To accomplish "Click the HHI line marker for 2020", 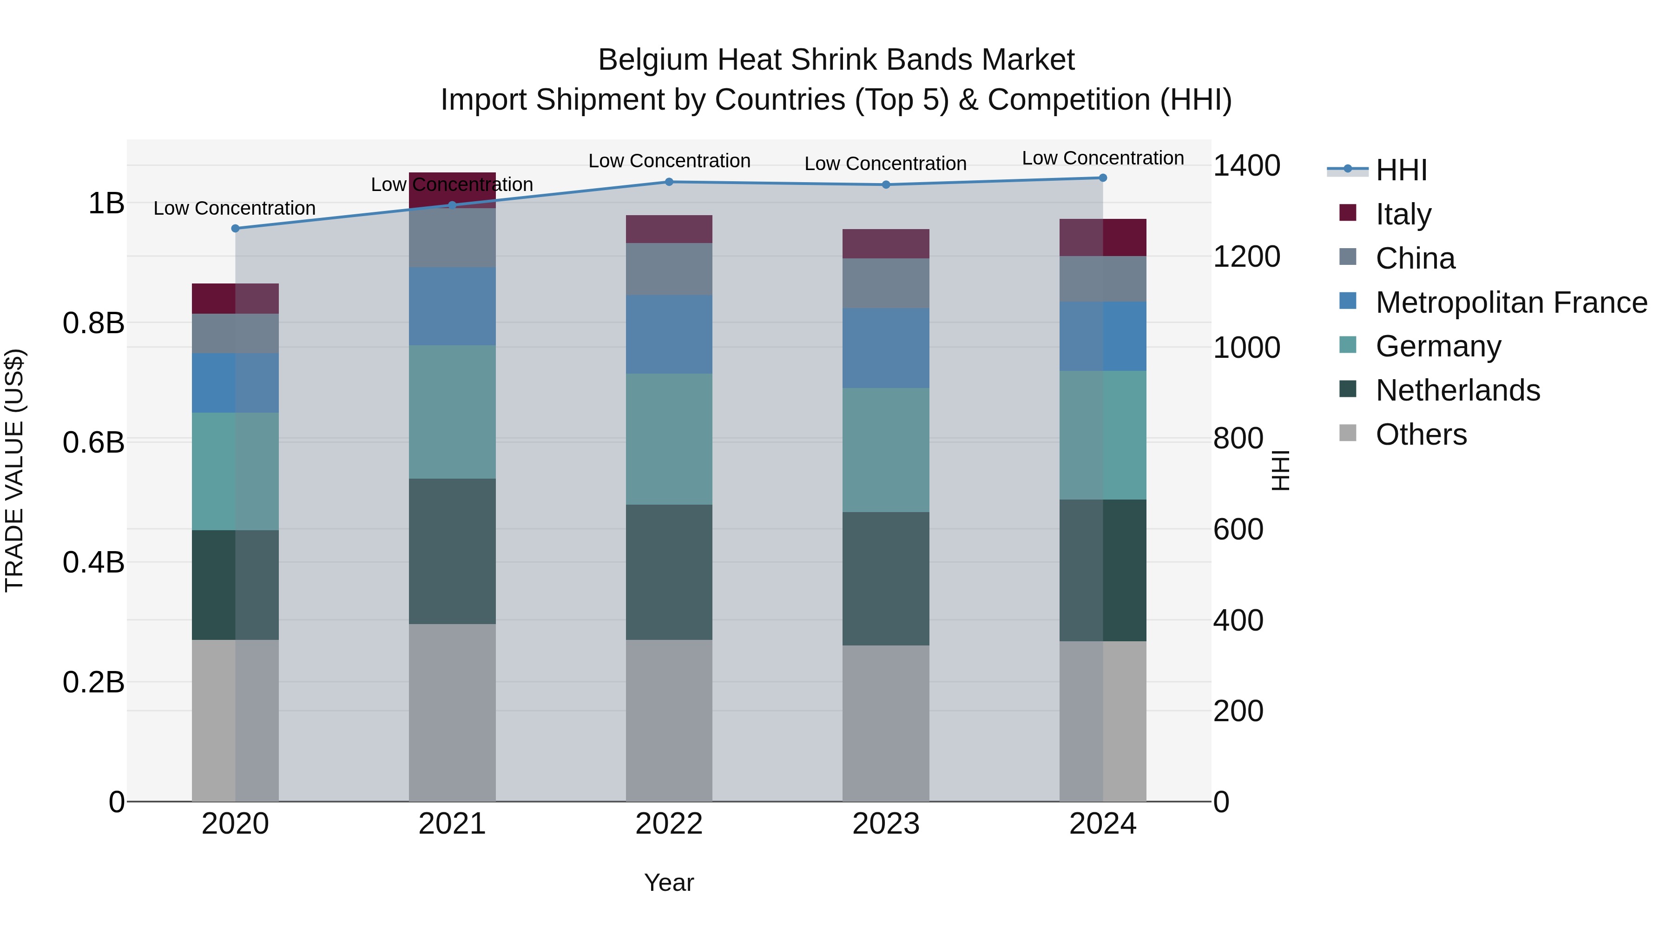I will (x=235, y=229).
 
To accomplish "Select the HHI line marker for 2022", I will (x=669, y=182).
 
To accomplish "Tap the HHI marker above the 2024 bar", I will (x=1103, y=178).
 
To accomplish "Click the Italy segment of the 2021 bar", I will (x=452, y=190).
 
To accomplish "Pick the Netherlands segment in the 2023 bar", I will (x=886, y=579).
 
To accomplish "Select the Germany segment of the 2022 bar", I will (x=669, y=439).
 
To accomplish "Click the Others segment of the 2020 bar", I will (x=235, y=720).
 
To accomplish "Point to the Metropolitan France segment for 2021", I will (x=452, y=307).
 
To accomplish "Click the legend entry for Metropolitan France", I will (x=1511, y=303).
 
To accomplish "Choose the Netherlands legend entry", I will (x=1457, y=390).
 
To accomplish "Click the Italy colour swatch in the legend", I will (x=1348, y=213).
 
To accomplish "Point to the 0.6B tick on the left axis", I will (x=93, y=443).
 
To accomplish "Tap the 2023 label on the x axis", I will (x=886, y=824).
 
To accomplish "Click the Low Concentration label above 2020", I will (x=235, y=209).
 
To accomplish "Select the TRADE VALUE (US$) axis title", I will (x=14, y=470).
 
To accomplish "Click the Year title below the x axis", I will (x=669, y=882).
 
